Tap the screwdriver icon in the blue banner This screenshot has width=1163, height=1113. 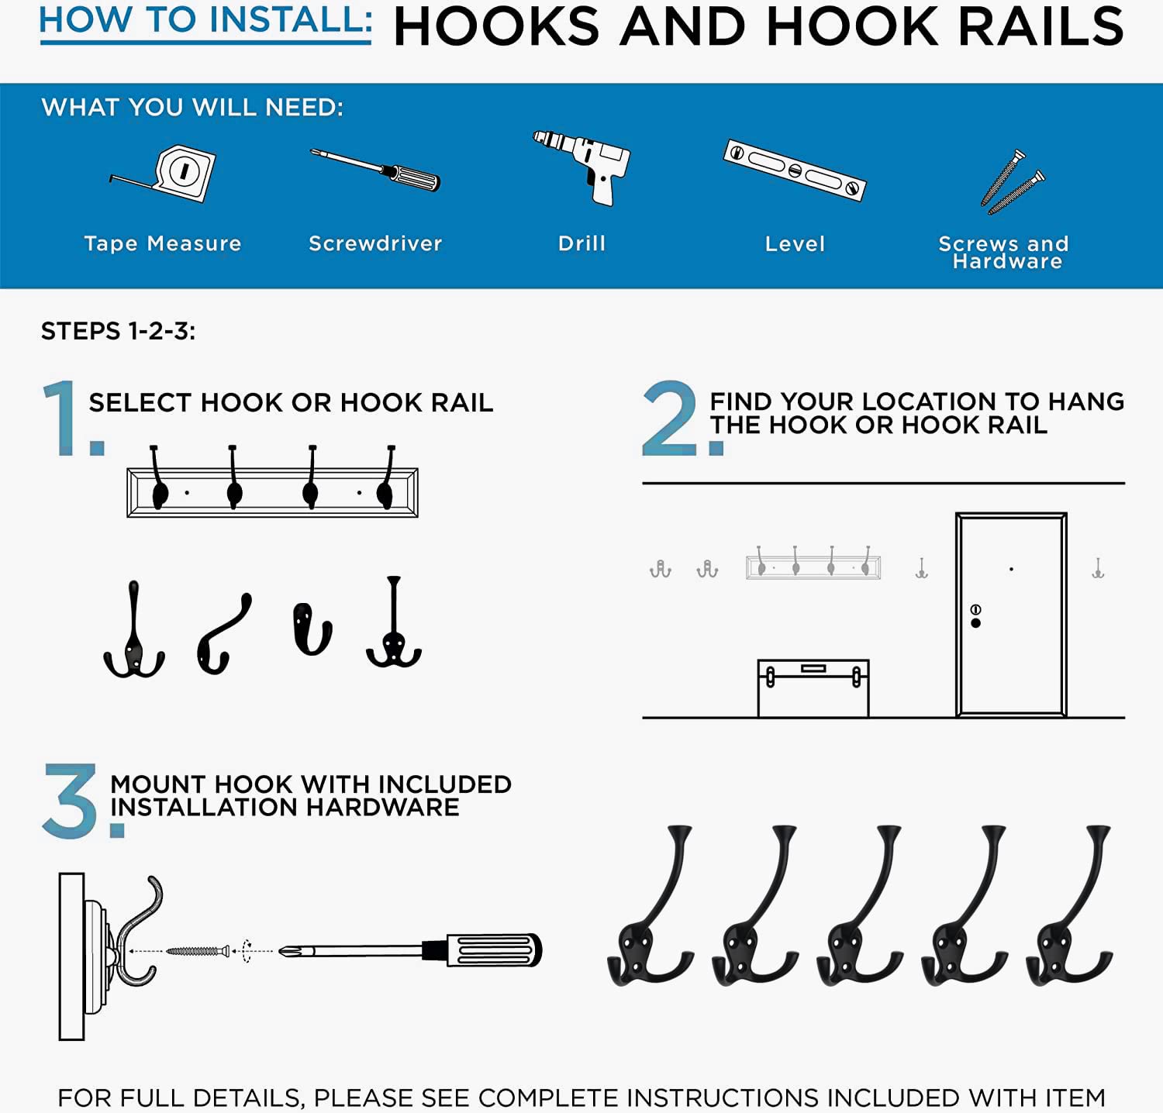tap(375, 170)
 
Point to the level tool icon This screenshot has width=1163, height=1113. tap(795, 170)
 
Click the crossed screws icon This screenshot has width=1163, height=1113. tap(1012, 182)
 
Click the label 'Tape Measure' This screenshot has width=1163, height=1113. tap(163, 243)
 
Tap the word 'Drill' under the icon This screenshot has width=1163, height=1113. tap(582, 243)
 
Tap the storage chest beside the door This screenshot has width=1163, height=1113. tap(813, 688)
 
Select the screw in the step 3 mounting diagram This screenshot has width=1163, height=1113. tap(198, 951)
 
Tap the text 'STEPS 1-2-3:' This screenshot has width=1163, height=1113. tap(118, 332)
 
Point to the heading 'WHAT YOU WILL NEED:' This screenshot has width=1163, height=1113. tap(192, 107)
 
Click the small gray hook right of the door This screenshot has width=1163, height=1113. tap(1098, 568)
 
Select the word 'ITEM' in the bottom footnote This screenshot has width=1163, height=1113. tap(1075, 1097)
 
